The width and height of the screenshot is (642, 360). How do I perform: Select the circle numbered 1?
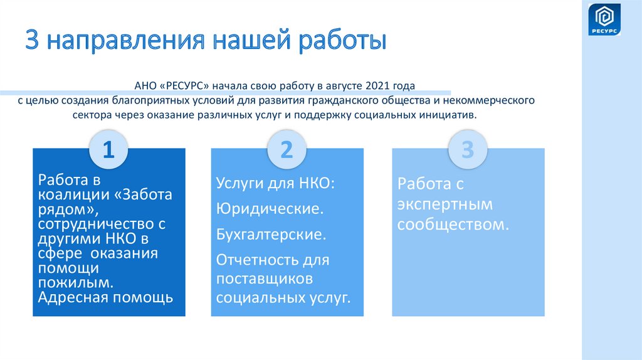[x=108, y=150]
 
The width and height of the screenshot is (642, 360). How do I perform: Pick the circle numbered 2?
[x=287, y=150]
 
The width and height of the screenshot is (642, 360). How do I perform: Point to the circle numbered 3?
[x=466, y=150]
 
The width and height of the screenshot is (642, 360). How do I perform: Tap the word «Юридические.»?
[x=270, y=209]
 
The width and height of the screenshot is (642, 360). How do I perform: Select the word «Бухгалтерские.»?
[x=271, y=235]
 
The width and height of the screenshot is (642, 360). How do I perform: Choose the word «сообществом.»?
[x=451, y=224]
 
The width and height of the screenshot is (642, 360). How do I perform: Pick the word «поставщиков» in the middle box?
[x=264, y=278]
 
